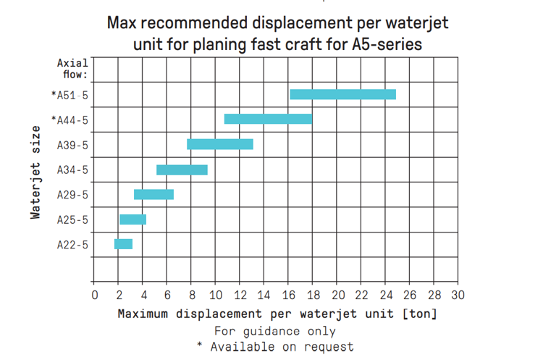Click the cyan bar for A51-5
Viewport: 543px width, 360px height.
[342, 94]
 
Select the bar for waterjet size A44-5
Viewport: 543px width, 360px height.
[268, 119]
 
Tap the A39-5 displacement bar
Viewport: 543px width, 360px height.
[220, 144]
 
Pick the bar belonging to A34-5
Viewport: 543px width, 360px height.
[182, 169]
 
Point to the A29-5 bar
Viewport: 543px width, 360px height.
[153, 194]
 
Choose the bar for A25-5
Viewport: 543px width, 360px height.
[132, 219]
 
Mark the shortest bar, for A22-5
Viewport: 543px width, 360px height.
[123, 244]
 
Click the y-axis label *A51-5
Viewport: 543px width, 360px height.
[70, 94]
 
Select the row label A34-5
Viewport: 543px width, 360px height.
[72, 169]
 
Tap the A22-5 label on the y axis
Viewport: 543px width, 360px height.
[72, 245]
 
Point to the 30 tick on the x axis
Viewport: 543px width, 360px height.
[457, 295]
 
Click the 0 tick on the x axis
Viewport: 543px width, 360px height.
[95, 295]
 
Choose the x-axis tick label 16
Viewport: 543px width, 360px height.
[288, 295]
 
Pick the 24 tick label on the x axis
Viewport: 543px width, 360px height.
[385, 295]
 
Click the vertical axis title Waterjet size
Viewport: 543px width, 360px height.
[35, 171]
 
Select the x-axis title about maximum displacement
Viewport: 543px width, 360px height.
[277, 314]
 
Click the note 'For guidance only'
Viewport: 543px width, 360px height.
[275, 330]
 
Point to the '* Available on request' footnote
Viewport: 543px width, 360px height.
[275, 346]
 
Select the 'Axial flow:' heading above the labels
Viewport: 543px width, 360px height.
[72, 68]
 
